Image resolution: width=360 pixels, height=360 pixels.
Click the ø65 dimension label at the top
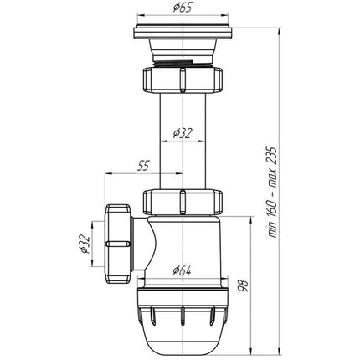[x=183, y=8]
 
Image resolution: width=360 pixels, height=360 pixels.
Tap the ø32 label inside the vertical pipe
[x=183, y=133]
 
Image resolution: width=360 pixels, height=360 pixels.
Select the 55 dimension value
[x=144, y=166]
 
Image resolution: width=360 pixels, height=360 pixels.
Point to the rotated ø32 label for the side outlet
[x=85, y=244]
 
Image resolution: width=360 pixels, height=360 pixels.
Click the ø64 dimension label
[x=182, y=270]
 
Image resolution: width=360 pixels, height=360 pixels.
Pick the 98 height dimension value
[x=243, y=286]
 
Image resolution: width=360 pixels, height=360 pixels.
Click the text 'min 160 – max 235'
[x=273, y=192]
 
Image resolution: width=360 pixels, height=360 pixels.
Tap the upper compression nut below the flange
[x=183, y=80]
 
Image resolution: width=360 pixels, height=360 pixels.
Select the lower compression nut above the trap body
[x=183, y=203]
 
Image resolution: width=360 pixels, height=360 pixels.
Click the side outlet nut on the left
[x=118, y=244]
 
